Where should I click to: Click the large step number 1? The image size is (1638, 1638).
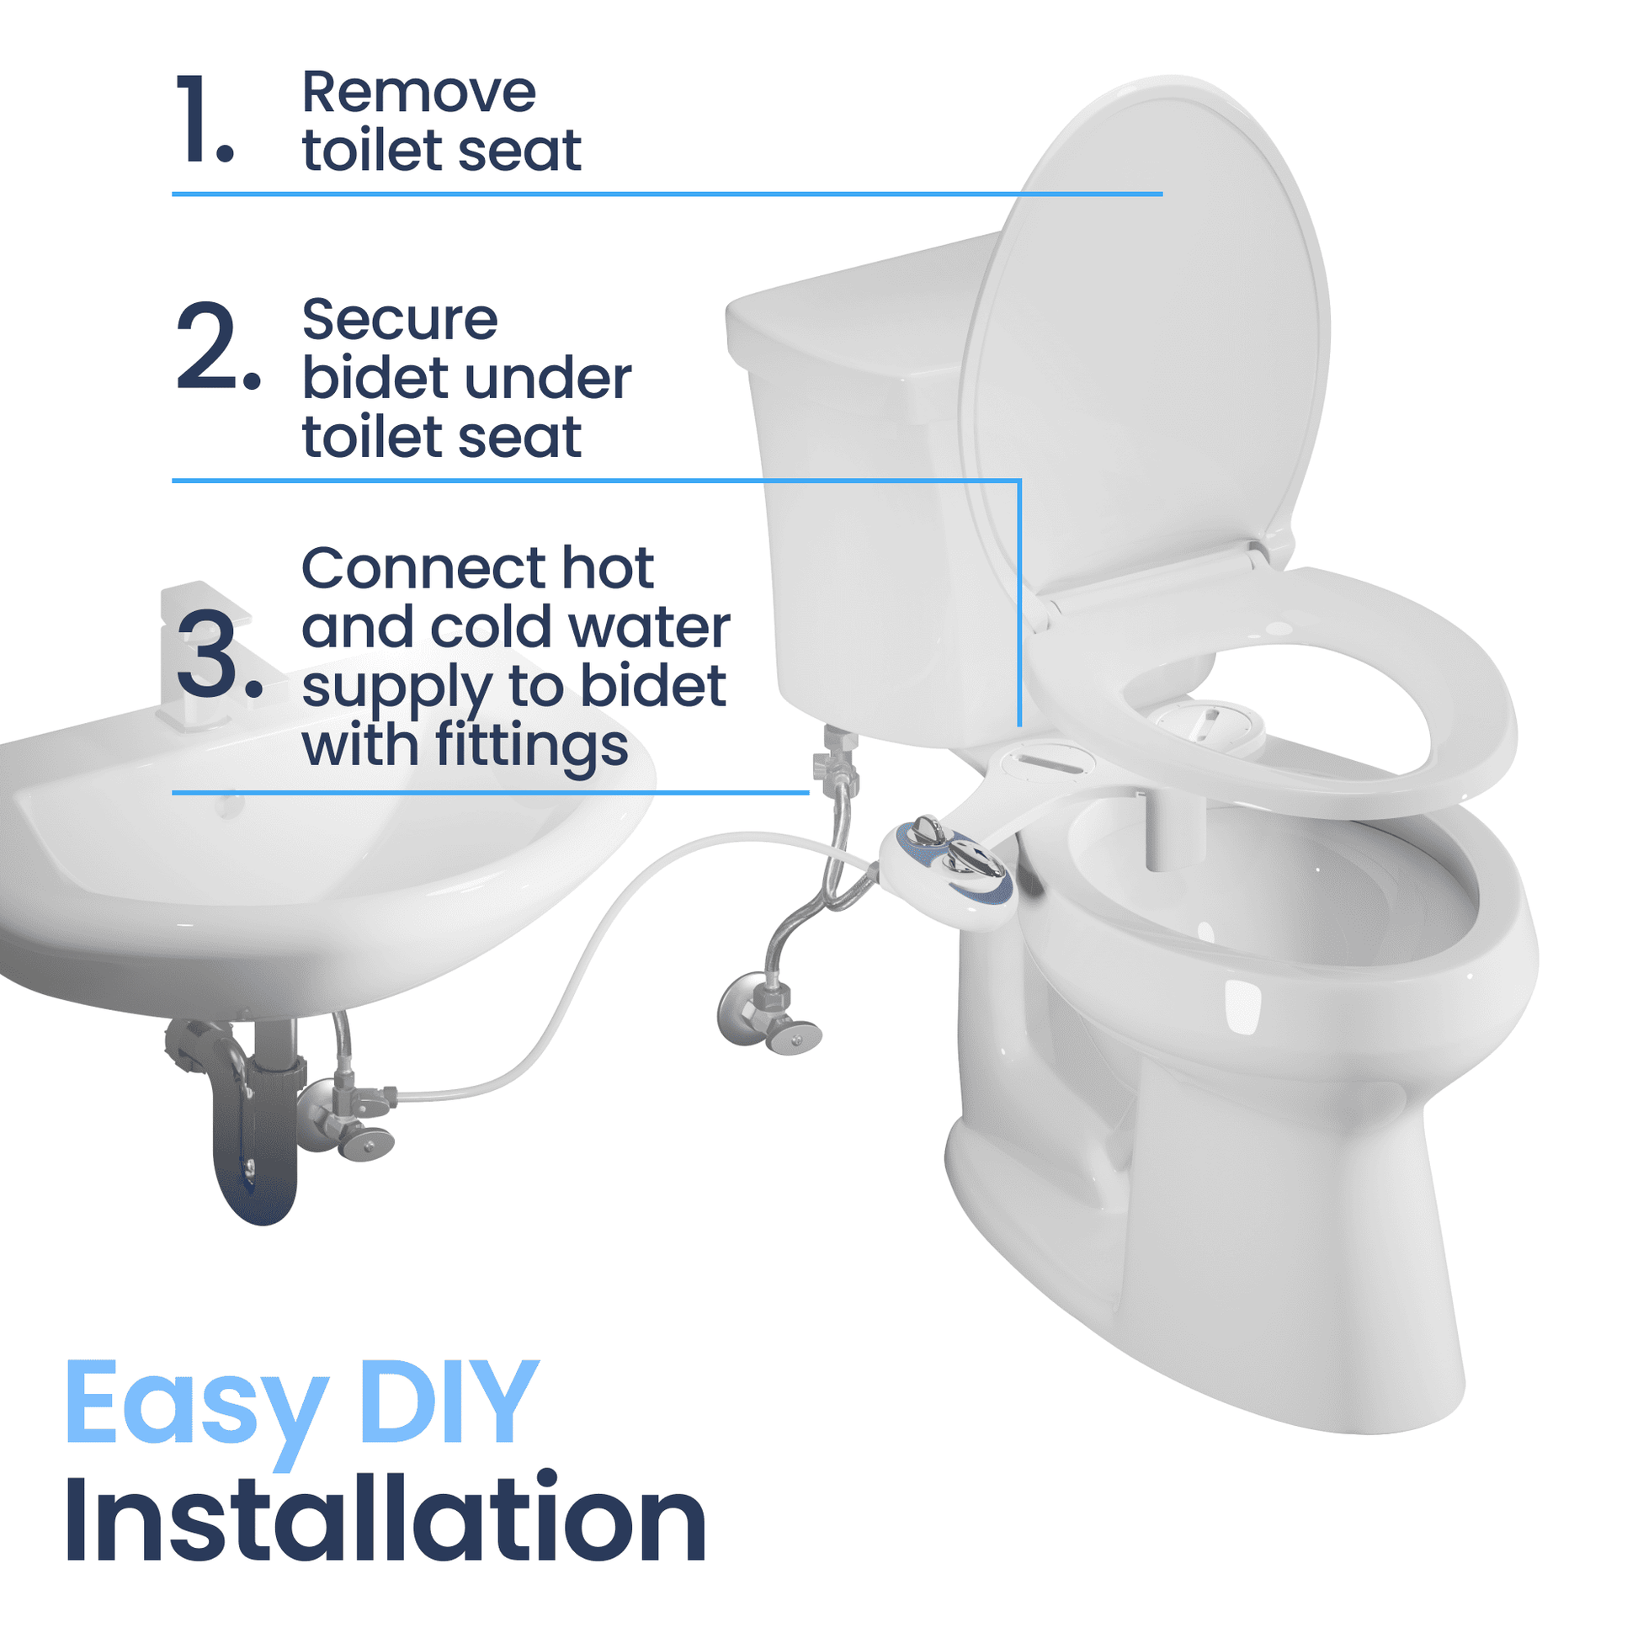point(204,118)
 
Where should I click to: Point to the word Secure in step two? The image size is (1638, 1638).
point(399,320)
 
